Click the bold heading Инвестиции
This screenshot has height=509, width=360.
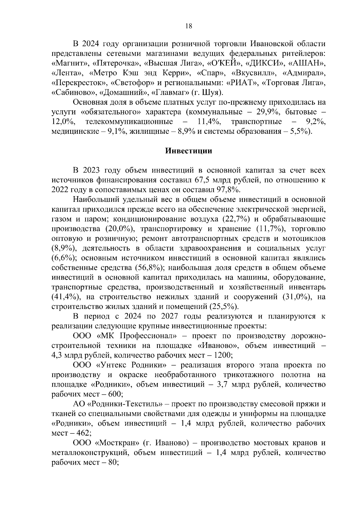click(189, 151)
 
